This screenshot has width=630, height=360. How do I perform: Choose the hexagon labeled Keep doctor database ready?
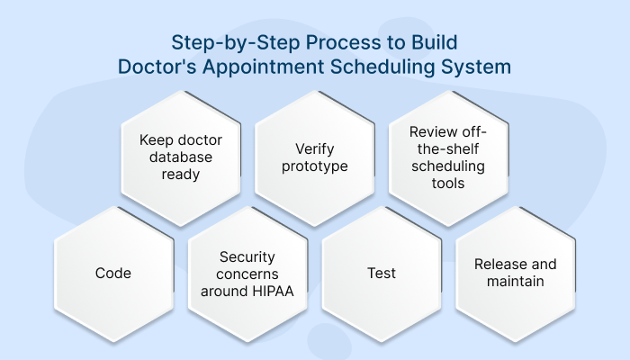[x=181, y=157]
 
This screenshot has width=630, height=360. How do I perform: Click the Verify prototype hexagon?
[x=314, y=157]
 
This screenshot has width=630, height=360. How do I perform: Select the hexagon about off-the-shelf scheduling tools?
[x=448, y=157]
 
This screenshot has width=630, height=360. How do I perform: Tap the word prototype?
[x=314, y=167]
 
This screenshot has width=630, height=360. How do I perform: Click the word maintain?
[x=515, y=281]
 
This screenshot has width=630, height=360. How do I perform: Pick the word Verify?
[x=314, y=149]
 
